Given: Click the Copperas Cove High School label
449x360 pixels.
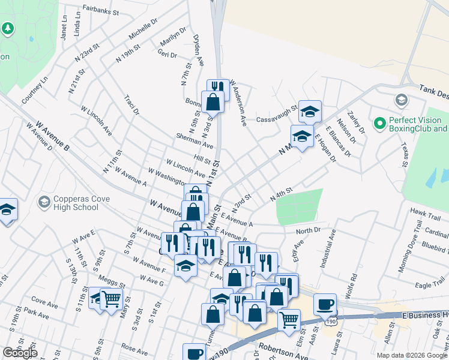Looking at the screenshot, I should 68,203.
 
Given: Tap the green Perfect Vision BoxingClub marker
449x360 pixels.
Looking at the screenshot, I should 379,124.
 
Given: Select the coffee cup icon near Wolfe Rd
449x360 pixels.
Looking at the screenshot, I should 325,304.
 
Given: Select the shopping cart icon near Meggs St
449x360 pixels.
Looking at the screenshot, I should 111,299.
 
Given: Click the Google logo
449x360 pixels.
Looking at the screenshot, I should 20,353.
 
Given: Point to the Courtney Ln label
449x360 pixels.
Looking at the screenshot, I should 34,91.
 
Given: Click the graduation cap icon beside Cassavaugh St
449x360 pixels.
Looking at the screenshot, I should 310,112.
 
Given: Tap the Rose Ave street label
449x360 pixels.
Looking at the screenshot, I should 134,349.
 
